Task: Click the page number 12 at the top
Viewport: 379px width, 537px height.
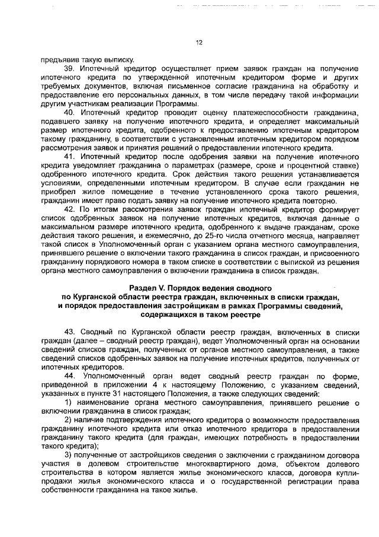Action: coord(199,42)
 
